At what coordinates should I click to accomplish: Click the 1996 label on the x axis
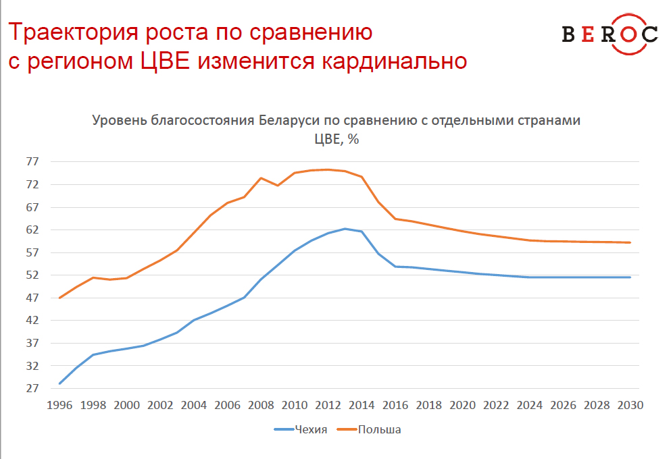click(x=59, y=405)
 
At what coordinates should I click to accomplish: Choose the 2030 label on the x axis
click(x=630, y=405)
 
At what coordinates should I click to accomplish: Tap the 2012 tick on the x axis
click(x=328, y=405)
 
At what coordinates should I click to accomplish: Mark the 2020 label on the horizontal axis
click(x=462, y=405)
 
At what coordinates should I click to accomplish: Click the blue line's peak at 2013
click(x=345, y=229)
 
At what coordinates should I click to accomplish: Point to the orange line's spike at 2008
click(x=261, y=178)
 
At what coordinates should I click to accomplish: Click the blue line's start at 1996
click(x=59, y=383)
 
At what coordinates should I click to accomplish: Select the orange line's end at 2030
click(x=630, y=242)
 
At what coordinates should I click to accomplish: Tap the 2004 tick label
click(x=194, y=405)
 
